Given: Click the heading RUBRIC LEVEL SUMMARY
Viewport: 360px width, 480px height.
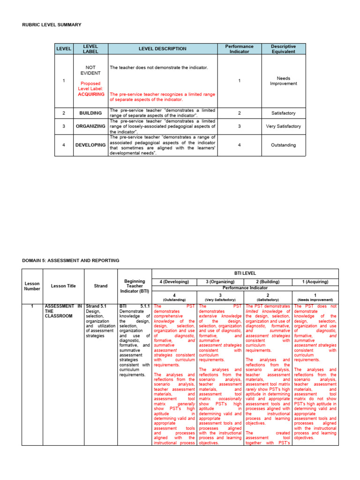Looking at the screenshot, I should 52,24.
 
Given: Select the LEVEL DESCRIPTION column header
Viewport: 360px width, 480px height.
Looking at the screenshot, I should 162,49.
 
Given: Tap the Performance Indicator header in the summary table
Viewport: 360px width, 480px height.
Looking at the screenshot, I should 239,49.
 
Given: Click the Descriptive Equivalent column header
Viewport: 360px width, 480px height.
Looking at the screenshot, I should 283,49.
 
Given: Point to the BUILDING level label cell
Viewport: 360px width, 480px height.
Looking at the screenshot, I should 90,113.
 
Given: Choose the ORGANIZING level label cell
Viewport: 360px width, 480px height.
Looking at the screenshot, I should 90,126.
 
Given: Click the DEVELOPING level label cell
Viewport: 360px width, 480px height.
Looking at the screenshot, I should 90,145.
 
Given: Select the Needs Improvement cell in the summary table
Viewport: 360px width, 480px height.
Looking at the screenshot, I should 283,81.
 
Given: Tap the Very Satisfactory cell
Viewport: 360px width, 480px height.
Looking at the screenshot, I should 283,126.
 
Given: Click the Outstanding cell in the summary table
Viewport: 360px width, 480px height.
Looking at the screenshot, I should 283,145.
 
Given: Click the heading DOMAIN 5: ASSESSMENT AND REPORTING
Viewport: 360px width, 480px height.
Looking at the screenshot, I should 71,260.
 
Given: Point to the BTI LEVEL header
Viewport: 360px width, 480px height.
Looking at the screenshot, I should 245,272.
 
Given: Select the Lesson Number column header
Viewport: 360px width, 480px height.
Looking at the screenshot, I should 32,286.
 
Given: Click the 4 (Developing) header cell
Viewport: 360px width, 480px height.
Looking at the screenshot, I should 174,282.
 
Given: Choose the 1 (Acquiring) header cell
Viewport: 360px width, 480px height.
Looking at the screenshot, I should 315,282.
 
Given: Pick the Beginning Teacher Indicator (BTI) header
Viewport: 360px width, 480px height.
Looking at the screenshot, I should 135,286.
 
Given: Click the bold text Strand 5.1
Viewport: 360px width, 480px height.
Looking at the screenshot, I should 96,306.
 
